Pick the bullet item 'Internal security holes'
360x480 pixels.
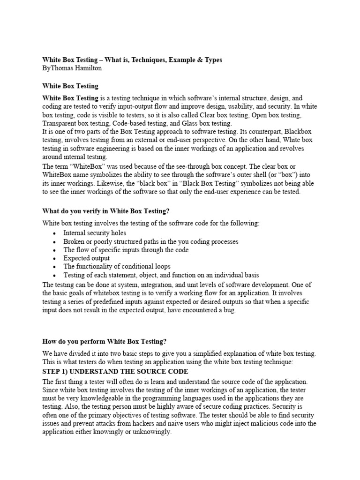click(95, 232)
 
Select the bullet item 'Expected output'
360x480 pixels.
click(87, 258)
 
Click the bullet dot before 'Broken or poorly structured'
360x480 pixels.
click(55, 242)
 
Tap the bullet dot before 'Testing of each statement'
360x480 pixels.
click(55, 276)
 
